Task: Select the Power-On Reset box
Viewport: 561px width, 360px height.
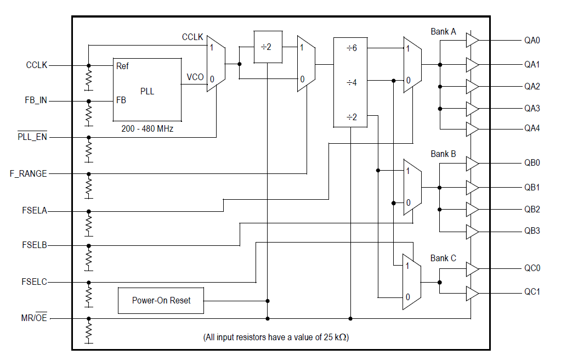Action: tap(161, 301)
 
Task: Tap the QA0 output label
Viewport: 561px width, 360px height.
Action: tap(532, 41)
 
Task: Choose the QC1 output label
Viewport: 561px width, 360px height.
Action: tap(532, 292)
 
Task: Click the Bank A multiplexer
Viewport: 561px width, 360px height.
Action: tap(412, 65)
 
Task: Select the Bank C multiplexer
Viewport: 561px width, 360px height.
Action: tap(412, 282)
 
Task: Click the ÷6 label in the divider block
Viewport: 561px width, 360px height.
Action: tap(352, 48)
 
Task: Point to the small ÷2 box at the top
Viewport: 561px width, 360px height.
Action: tap(267, 47)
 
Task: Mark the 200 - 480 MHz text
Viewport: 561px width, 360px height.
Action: tap(147, 128)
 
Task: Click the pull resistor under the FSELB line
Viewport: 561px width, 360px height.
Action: tap(89, 258)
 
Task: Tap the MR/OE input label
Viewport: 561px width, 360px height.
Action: tap(32, 318)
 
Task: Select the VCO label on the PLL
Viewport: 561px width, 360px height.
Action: tap(195, 77)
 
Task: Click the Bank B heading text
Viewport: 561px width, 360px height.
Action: tap(443, 154)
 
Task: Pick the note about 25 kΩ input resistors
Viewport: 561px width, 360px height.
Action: tap(276, 337)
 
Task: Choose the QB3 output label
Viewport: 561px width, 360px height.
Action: tap(532, 231)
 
